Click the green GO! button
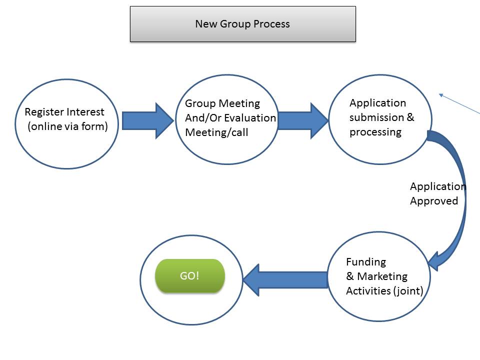(190, 275)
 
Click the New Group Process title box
(243, 24)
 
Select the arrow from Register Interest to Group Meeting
(148, 120)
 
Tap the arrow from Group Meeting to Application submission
(303, 120)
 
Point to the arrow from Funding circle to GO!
(285, 280)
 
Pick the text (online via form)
(67, 126)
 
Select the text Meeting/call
(216, 132)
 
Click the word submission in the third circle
(376, 117)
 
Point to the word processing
(375, 132)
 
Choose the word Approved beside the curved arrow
(434, 201)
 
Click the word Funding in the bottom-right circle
(366, 261)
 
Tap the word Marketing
(382, 276)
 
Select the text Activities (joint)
(384, 291)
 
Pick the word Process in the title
(271, 24)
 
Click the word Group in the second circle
(200, 104)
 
